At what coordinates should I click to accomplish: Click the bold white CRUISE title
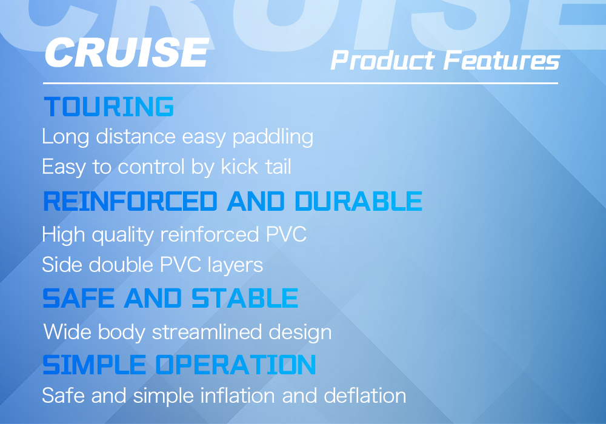point(127,52)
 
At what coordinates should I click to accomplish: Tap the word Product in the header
point(382,61)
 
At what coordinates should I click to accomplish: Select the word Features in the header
point(502,61)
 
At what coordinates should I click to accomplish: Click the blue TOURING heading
point(109,107)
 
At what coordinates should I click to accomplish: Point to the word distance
point(136,136)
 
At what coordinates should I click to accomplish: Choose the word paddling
point(273,137)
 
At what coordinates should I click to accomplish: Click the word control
point(151,167)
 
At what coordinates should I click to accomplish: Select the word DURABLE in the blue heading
point(359,201)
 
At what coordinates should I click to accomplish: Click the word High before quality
point(64,235)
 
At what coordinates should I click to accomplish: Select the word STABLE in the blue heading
point(245,298)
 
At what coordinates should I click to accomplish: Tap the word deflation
point(365,396)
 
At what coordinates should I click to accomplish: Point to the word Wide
point(67,332)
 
